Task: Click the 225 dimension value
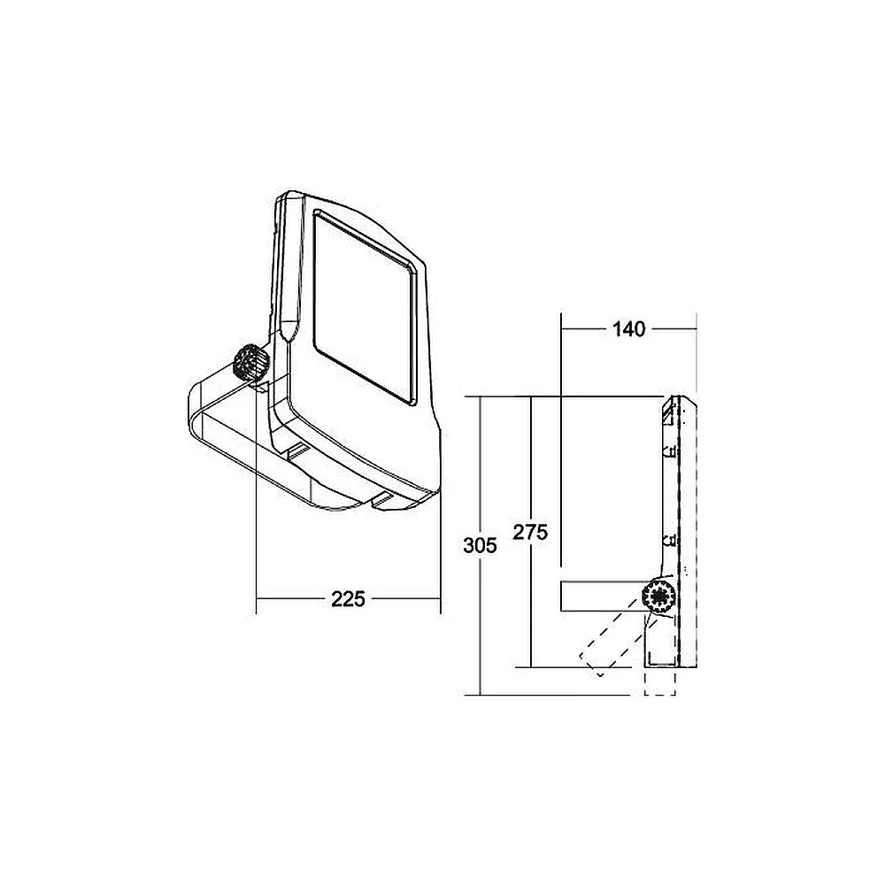348,599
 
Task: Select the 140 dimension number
628,329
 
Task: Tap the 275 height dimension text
530,532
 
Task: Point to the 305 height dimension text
480,545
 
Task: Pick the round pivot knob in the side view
659,596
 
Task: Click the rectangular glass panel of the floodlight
366,308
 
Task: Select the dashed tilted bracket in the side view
612,639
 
